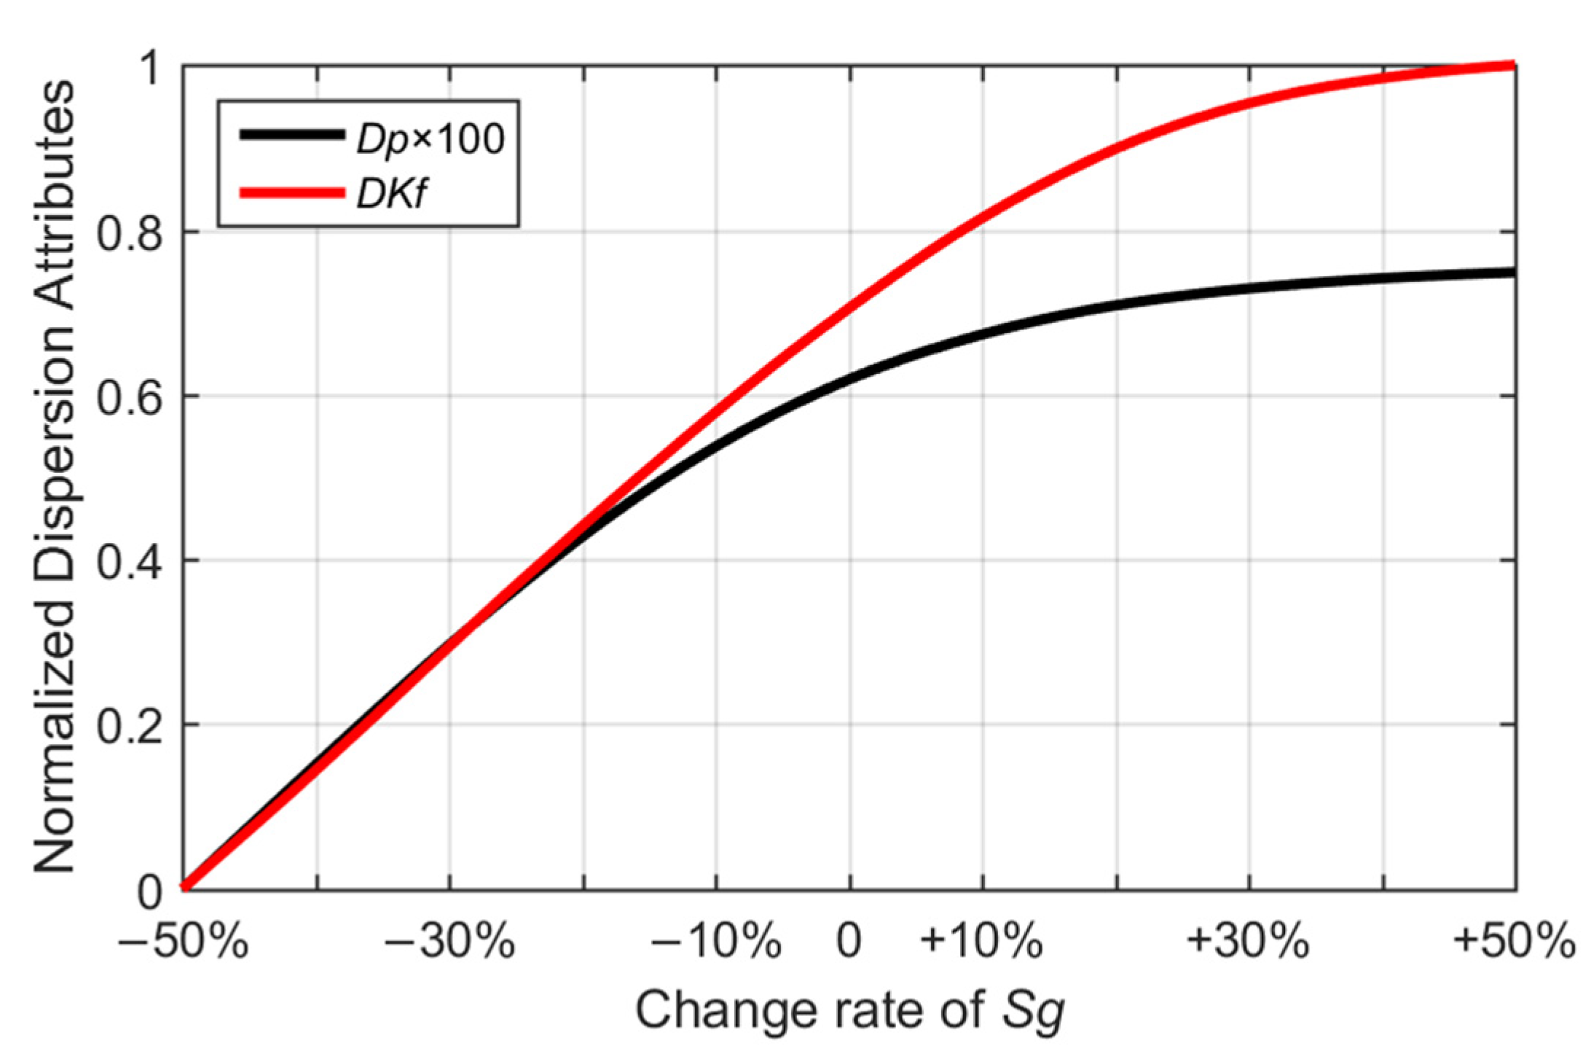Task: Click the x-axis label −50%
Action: tap(183, 941)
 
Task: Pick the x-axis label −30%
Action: tap(450, 941)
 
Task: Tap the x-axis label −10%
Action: tap(716, 941)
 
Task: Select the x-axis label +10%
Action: tap(981, 941)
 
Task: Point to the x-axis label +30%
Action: tap(1249, 941)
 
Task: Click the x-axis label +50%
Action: tap(1514, 941)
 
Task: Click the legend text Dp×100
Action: tap(430, 138)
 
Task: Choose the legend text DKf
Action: tap(390, 194)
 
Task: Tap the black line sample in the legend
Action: tap(291, 135)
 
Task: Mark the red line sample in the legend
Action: tap(291, 193)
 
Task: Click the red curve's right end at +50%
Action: tap(1511, 66)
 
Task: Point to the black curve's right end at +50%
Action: tap(1511, 273)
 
